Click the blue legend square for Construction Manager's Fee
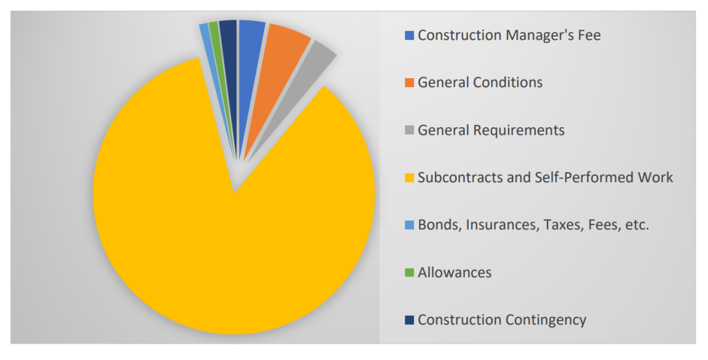(x=409, y=35)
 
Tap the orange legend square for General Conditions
(x=409, y=83)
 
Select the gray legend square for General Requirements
(x=409, y=131)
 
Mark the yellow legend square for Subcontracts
(x=409, y=178)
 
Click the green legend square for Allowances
(x=409, y=273)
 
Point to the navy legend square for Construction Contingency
(x=409, y=321)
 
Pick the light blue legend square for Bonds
(x=409, y=226)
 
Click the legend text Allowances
(x=454, y=272)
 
